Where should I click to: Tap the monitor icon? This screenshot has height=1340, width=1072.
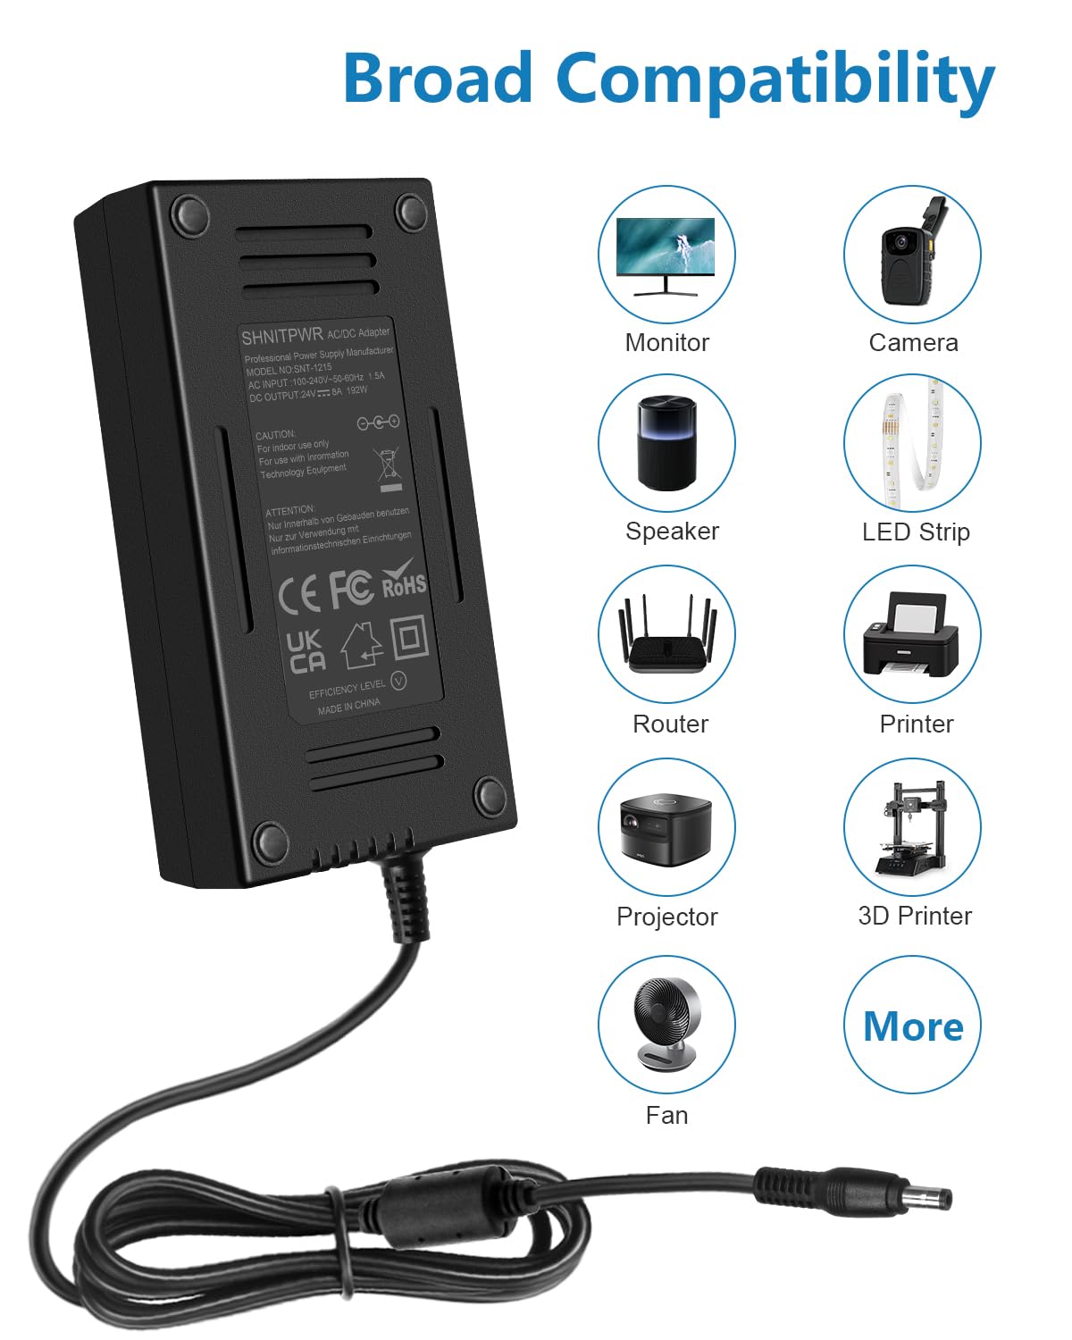666,255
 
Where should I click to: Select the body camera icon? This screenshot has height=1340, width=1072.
912,255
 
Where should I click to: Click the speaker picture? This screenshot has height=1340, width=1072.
666,443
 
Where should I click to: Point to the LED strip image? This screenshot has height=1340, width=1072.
912,443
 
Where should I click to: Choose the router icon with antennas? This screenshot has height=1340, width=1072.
666,635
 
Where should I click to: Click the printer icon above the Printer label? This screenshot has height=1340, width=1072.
912,635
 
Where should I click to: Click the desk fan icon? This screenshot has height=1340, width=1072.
666,1024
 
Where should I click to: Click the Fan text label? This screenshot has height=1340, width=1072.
666,1115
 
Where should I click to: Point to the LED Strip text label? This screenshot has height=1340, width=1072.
916,532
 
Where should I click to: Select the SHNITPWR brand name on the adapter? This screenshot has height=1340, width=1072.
281,337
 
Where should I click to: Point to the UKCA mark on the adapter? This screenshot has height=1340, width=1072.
306,651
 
